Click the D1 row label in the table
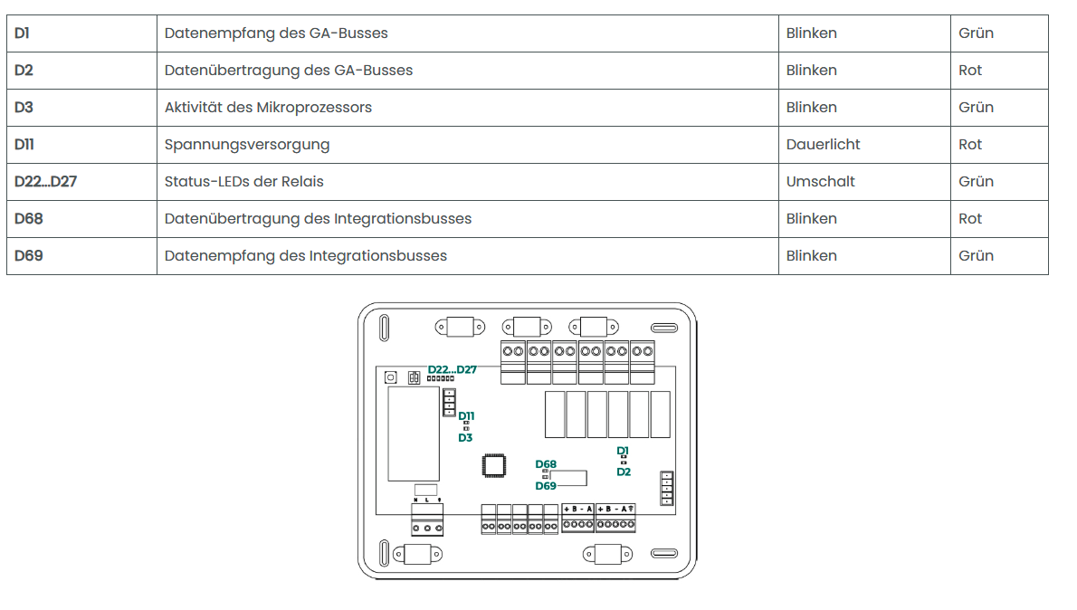22,33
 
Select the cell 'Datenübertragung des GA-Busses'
289,71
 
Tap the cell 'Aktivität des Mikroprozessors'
268,108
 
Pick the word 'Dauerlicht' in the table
823,145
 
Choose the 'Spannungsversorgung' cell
247,145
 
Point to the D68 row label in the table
29,219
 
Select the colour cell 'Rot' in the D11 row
970,145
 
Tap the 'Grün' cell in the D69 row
976,256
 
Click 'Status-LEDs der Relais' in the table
243,182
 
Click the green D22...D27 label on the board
452,369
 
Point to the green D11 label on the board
466,415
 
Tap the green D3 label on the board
465,438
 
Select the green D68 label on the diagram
546,464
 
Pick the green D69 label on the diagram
546,486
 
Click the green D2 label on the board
624,472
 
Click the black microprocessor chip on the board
494,465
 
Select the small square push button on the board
391,376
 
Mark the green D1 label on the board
623,450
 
